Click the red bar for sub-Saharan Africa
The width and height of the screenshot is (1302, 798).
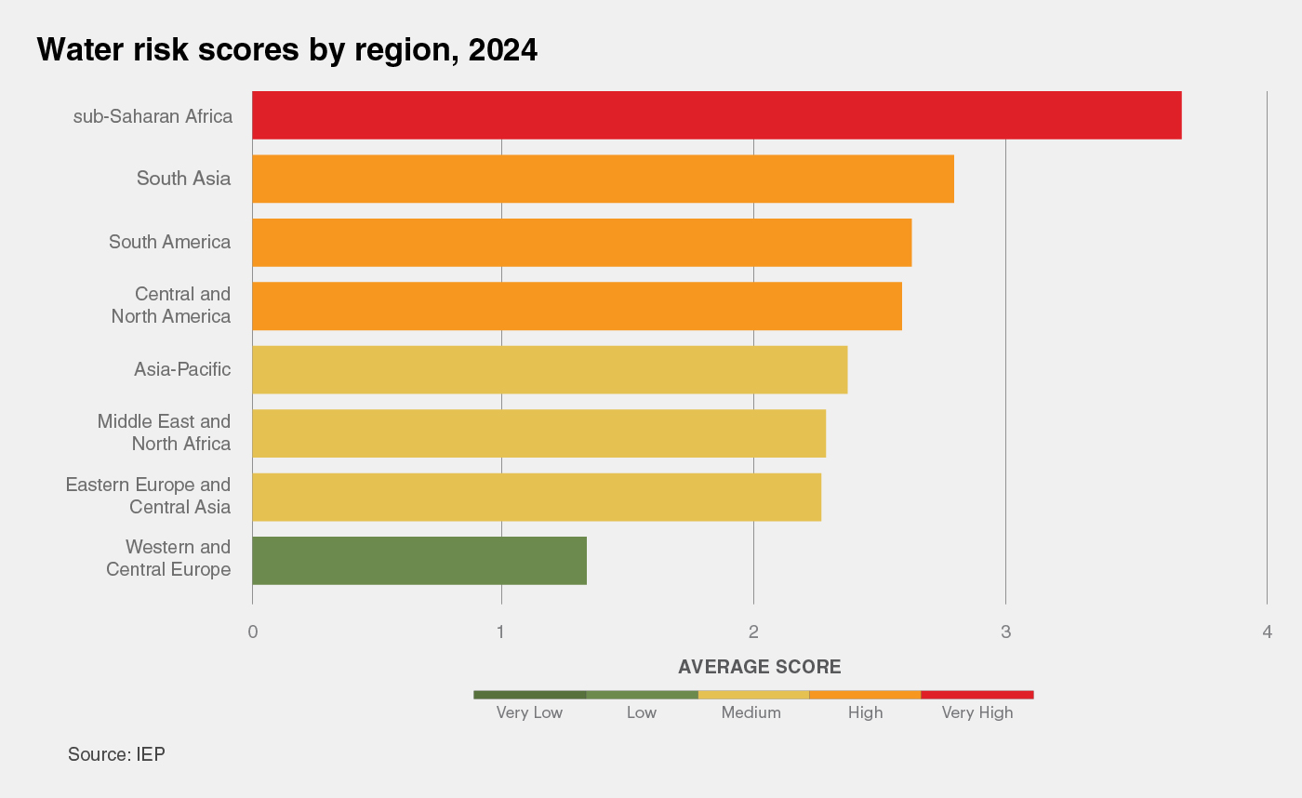pos(716,115)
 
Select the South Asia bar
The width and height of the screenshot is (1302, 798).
pos(603,179)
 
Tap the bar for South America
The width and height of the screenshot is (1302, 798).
pos(581,243)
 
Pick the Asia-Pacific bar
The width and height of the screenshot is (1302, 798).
pos(550,370)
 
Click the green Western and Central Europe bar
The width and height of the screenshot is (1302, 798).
pos(419,560)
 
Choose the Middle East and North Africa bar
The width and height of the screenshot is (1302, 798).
pos(538,433)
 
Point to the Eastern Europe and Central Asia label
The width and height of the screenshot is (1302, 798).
pos(148,496)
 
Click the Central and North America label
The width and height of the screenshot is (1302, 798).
pos(171,305)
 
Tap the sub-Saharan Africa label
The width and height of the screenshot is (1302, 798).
pos(153,117)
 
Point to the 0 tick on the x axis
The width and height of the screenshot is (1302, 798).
pos(252,632)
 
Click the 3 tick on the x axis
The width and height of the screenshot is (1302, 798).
pos(1005,632)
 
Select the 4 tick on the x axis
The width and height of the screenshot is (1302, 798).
pos(1267,632)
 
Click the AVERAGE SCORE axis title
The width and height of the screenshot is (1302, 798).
pos(759,667)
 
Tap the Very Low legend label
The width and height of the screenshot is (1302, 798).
pos(529,713)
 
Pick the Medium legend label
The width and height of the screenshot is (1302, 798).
pos(751,713)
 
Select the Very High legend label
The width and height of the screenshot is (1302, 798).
pos(976,713)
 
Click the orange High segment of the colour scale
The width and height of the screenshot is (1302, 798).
pos(865,695)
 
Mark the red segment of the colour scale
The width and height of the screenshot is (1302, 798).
pos(976,695)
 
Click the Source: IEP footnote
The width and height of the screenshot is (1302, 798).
pos(116,754)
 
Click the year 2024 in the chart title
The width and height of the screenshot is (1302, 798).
pos(502,50)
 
